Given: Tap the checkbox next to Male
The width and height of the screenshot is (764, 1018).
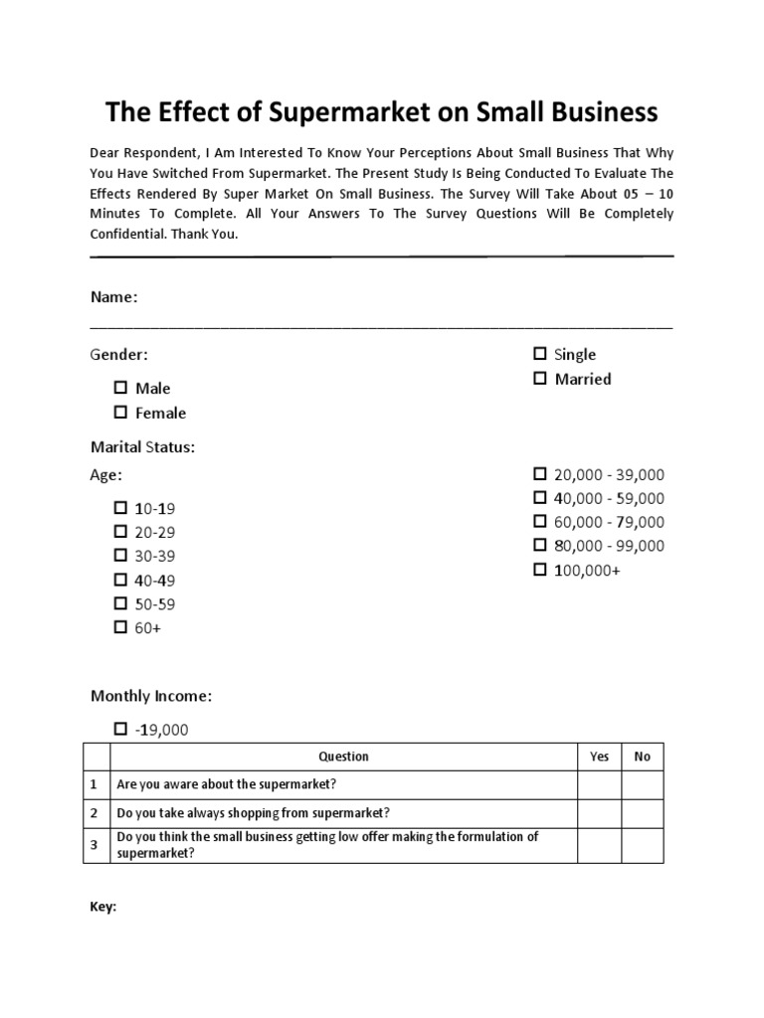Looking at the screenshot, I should coord(120,388).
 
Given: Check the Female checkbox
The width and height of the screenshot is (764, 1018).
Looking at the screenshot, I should coord(120,412).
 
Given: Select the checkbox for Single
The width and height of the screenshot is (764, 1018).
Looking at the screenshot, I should coord(540,353).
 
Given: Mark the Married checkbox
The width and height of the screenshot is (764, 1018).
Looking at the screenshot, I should coord(540,378).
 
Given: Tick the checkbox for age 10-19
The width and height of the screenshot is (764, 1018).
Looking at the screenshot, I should coord(120,507).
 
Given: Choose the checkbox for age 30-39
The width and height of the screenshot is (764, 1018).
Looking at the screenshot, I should coord(120,555).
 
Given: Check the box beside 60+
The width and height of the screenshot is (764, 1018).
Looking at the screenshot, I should coord(120,626).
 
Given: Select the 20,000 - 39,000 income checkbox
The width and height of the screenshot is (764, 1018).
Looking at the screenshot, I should coord(540,473).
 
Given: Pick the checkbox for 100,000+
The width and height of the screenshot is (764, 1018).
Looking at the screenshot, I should coord(540,570).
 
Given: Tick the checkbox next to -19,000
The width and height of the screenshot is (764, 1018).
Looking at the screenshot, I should coord(120,729).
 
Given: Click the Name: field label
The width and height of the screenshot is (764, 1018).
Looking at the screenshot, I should coord(113,297).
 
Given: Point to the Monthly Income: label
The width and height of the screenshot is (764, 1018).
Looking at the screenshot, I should coord(150,697).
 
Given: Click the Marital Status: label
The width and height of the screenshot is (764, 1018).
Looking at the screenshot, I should coord(142,447).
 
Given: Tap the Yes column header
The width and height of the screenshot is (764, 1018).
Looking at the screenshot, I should coord(599,757).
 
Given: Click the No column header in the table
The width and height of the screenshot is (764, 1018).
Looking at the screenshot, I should coord(642,757).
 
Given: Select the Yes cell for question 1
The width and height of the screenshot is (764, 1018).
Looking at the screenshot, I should coord(599,784).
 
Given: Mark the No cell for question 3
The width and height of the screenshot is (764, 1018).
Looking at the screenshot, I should coord(642,845).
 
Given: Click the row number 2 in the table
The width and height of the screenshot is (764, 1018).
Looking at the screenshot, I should coord(95,813).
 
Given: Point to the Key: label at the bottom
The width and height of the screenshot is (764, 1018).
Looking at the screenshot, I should coord(103,907).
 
